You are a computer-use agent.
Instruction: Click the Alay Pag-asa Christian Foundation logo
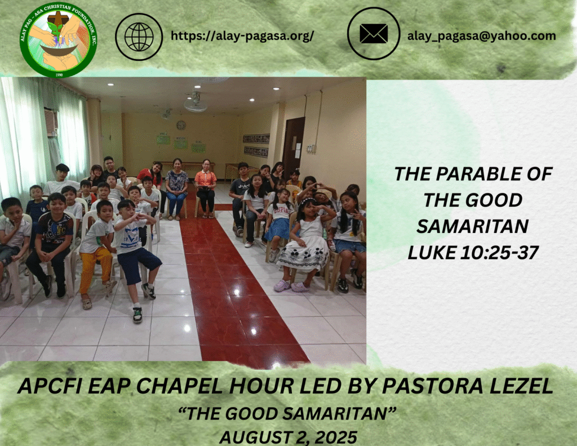pyautogui.click(x=59, y=39)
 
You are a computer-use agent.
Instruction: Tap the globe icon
pyautogui.click(x=139, y=37)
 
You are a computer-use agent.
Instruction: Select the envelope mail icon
pyautogui.click(x=374, y=34)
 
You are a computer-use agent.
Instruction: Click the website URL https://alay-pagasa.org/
pyautogui.click(x=242, y=36)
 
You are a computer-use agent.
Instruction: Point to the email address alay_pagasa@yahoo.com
pyautogui.click(x=481, y=36)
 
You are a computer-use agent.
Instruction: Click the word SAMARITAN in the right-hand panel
pyautogui.click(x=473, y=226)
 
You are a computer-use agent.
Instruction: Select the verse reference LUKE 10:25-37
pyautogui.click(x=473, y=253)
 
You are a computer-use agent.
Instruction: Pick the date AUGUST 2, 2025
pyautogui.click(x=288, y=438)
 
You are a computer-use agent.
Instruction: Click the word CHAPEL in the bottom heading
pyautogui.click(x=179, y=386)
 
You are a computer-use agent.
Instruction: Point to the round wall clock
pyautogui.click(x=181, y=125)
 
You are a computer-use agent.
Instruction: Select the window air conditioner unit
pyautogui.click(x=51, y=122)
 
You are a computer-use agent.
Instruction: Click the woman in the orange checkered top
pyautogui.click(x=206, y=188)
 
